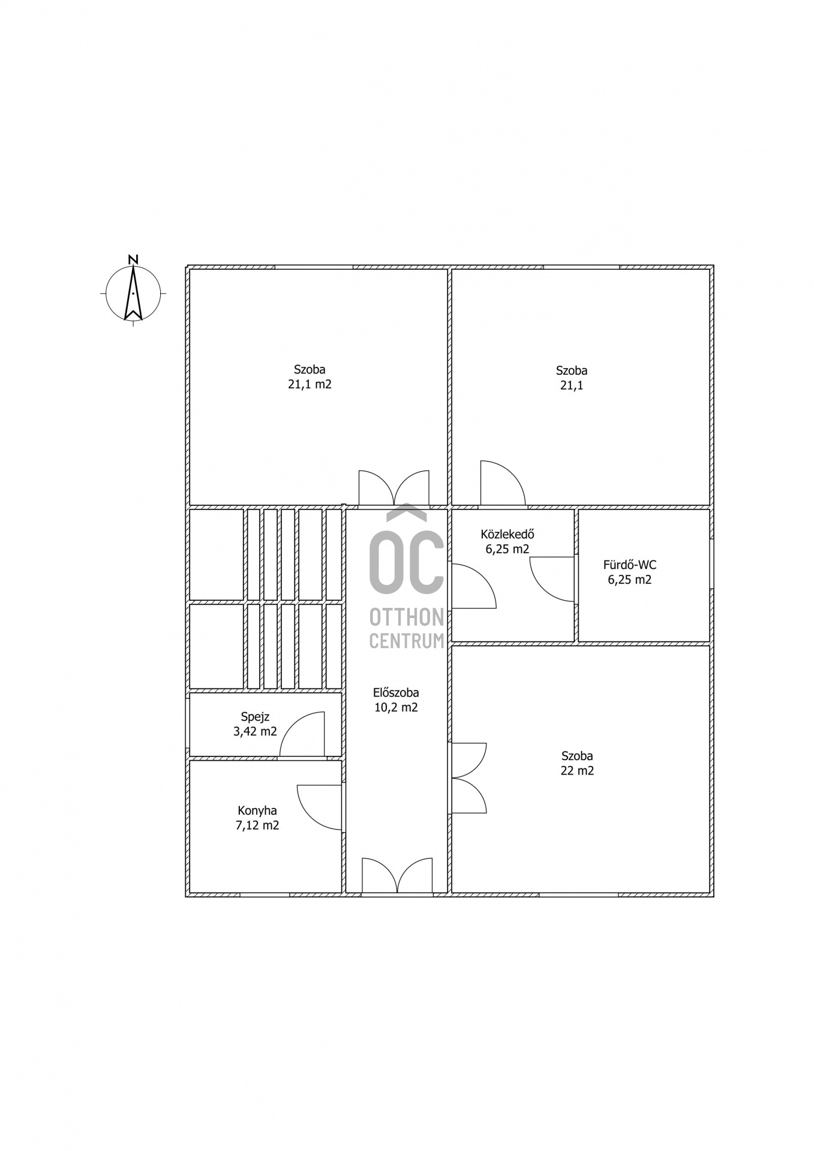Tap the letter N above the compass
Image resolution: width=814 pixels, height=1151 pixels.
133,259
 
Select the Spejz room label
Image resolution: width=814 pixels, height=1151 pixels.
255,716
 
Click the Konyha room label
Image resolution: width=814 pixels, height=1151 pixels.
257,810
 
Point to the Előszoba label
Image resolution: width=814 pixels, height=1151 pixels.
396,692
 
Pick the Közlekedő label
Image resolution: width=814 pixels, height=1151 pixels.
507,534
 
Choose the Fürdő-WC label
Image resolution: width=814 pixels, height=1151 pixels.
630,565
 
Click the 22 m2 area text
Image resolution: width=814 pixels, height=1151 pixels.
577,771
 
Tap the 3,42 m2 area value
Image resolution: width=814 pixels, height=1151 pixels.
256,731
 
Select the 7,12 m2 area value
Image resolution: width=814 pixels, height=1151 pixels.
257,825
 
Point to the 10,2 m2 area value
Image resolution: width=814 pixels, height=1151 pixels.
396,707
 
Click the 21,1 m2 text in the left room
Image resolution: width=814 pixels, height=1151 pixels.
310,384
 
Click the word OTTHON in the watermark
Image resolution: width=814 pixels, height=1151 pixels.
407,616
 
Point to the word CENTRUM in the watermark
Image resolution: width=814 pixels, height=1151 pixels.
407,641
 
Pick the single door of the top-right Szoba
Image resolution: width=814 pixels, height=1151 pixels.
503,483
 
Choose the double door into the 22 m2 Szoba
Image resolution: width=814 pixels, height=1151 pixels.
468,778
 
